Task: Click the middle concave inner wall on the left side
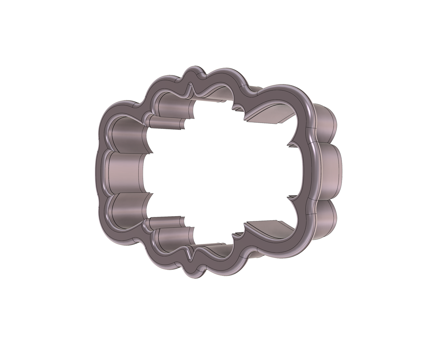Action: pos(124,171)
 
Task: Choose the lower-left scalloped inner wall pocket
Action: pos(126,211)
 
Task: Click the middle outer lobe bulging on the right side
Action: pos(333,171)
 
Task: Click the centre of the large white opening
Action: pos(219,171)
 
